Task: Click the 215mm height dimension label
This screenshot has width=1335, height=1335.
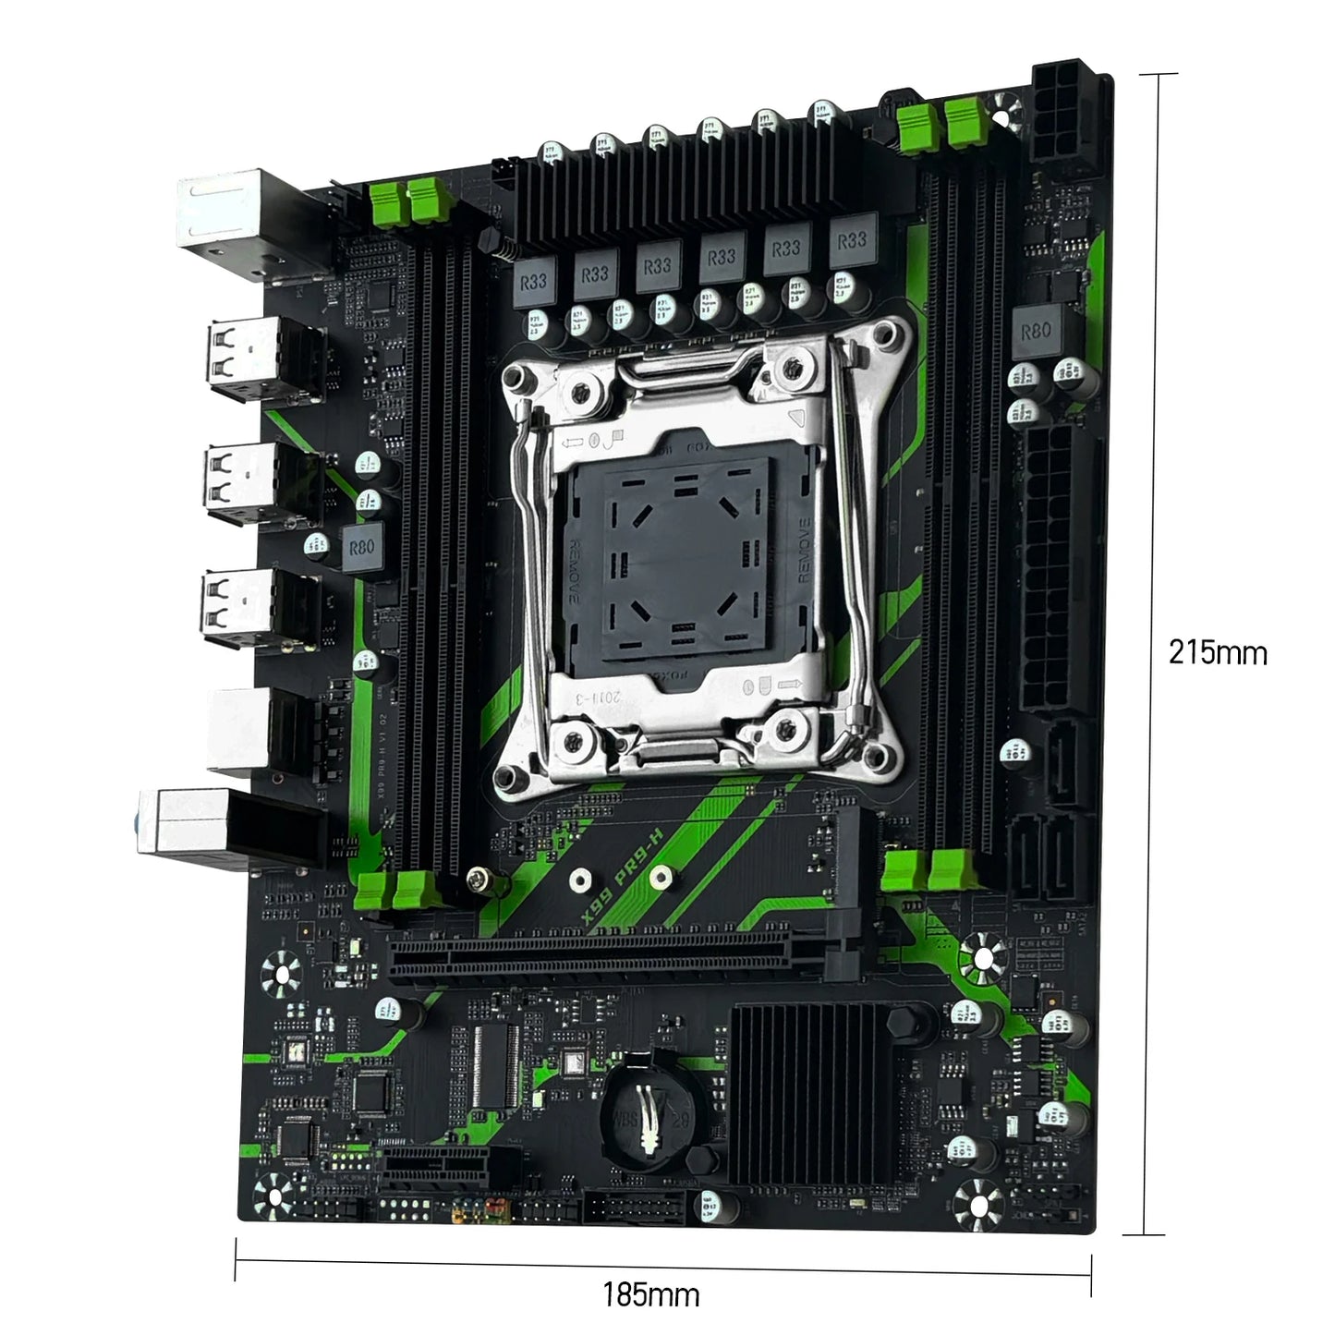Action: (1217, 652)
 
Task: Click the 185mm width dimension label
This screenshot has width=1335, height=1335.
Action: (651, 1293)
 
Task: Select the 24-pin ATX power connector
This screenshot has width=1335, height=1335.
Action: (1054, 568)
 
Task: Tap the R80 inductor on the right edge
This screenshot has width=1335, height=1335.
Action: (1036, 330)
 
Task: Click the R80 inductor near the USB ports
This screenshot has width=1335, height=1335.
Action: (361, 548)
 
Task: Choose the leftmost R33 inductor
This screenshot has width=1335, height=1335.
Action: (533, 282)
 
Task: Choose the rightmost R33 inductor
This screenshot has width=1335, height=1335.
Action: (851, 241)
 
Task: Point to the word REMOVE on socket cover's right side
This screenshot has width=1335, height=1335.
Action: (804, 549)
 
